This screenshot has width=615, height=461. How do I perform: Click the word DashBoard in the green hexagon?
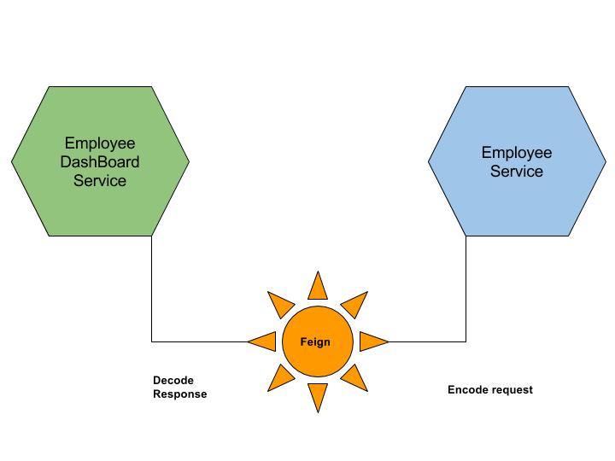coord(100,162)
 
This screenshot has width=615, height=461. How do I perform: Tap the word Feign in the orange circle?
coord(315,342)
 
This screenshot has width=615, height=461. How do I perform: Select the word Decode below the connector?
coord(173,380)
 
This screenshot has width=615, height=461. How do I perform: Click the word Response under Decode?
coord(180,394)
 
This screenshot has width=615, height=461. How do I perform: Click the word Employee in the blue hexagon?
coord(517,153)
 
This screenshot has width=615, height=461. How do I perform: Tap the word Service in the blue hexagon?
coord(517,172)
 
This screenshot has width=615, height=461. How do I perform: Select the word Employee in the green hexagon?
coord(100,143)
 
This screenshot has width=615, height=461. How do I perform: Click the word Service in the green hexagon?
coord(100,181)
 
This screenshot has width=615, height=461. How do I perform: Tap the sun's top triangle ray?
coord(318,285)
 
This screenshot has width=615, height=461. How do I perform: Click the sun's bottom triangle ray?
coord(318,398)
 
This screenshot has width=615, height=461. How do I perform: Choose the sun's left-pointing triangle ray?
coord(261,341)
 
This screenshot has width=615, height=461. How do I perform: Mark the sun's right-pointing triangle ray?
coord(374,341)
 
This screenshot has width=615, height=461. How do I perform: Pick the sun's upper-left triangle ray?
coord(281,305)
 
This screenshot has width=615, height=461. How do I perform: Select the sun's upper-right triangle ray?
coord(354,305)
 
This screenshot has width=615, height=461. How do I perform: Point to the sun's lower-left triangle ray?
coord(281,378)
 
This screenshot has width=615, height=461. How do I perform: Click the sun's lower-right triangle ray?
coord(354,378)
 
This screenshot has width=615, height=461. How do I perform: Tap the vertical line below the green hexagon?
coord(152,289)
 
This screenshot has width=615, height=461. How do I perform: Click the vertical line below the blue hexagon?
coord(466,289)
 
